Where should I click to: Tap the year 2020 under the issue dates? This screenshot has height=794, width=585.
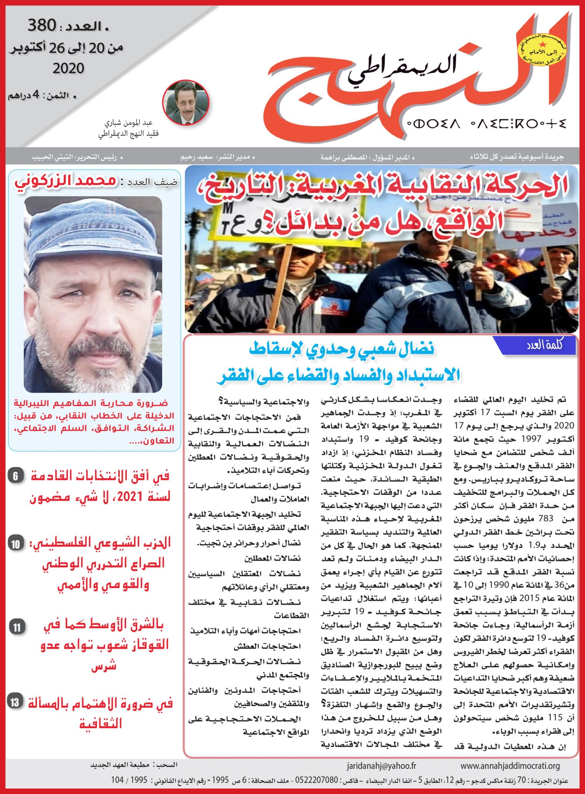(x=68, y=69)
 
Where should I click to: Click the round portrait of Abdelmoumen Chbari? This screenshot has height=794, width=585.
(x=186, y=102)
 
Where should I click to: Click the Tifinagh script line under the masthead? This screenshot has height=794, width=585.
(x=486, y=124)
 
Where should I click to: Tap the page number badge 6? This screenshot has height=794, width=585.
(x=16, y=476)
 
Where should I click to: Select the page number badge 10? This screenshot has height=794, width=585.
(x=16, y=544)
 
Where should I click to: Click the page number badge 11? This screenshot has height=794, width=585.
(x=17, y=627)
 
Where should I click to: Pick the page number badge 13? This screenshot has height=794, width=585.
(x=15, y=702)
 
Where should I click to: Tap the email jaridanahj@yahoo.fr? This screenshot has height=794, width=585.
(x=381, y=766)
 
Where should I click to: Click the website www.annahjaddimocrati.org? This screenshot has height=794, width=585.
(x=510, y=766)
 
